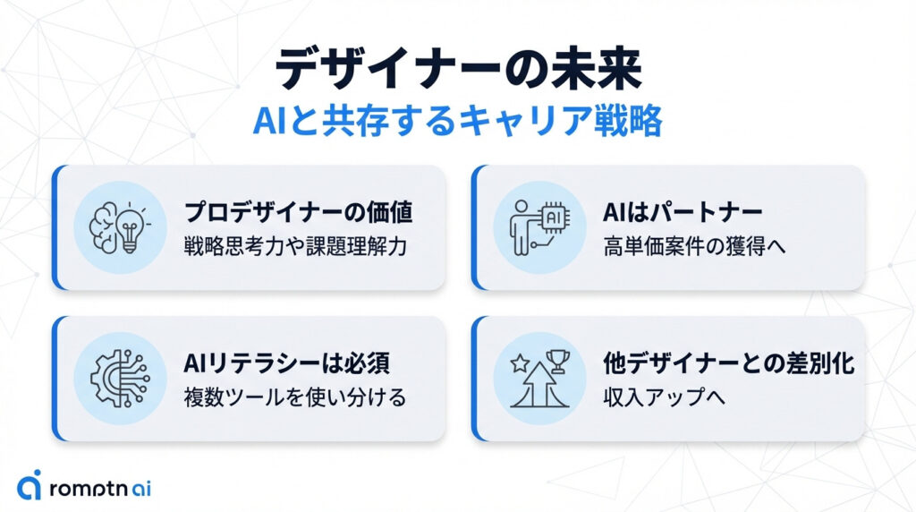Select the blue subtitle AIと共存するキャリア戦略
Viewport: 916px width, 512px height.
click(457, 121)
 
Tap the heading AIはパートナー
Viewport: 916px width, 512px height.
click(683, 212)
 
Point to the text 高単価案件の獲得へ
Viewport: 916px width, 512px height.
click(694, 246)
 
